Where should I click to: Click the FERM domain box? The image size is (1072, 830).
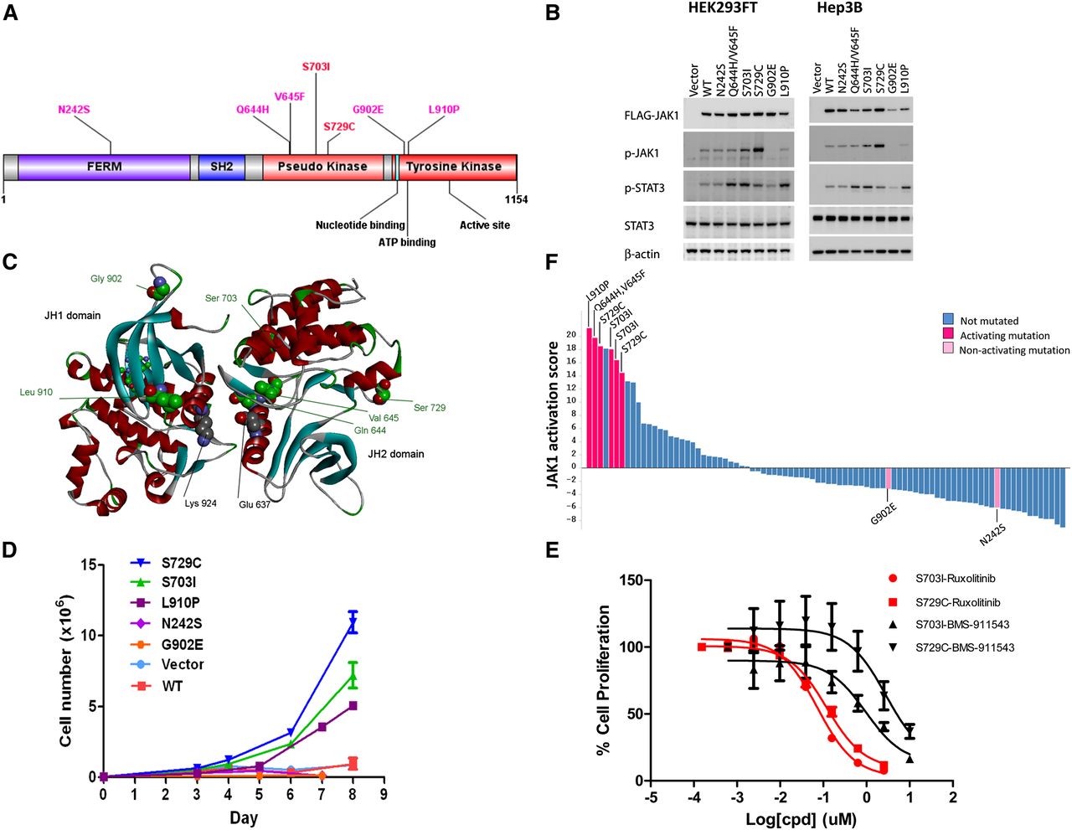(104, 167)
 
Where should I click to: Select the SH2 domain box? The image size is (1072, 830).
(221, 167)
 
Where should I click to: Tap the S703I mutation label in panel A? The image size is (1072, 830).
(316, 66)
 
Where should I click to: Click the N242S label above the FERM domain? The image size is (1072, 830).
(74, 110)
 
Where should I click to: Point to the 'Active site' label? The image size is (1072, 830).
(485, 225)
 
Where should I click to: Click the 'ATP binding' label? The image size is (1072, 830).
(407, 242)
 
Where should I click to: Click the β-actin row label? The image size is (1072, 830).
(642, 254)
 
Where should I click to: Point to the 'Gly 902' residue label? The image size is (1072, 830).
(106, 279)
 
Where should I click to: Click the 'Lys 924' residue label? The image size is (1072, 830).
(201, 503)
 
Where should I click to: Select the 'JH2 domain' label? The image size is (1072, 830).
(395, 454)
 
